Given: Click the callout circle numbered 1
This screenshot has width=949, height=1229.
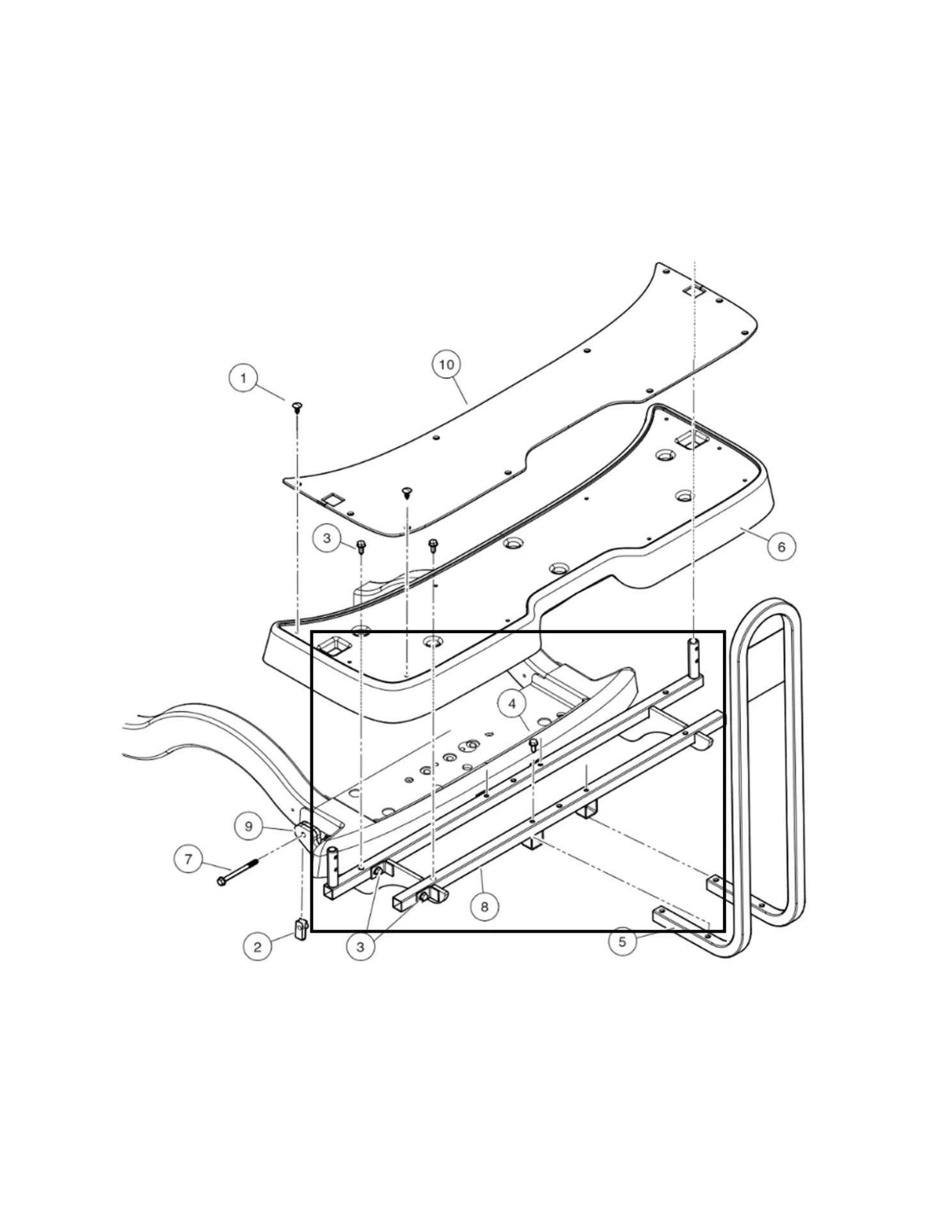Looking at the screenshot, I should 243,378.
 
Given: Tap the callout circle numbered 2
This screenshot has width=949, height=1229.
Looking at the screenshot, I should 257,946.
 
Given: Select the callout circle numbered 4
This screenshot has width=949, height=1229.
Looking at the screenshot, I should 512,704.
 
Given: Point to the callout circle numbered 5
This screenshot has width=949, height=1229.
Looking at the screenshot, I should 622,942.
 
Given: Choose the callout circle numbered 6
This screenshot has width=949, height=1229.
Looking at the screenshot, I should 781,547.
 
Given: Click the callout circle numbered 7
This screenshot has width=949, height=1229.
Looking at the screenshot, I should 188,858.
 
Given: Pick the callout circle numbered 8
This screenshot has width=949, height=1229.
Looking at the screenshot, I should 484,906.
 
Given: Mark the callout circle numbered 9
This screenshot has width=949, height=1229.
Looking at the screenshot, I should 249,826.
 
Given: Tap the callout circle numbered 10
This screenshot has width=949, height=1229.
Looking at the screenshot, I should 446,364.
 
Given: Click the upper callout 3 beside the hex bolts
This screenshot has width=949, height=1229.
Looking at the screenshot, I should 327,538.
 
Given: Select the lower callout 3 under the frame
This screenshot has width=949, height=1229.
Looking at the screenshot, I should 360,946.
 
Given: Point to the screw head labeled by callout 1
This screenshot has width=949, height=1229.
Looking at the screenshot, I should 297,405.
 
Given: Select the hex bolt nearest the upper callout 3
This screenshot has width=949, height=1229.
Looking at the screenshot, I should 360,546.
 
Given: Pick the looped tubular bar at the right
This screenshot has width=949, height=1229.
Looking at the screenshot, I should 774,768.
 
